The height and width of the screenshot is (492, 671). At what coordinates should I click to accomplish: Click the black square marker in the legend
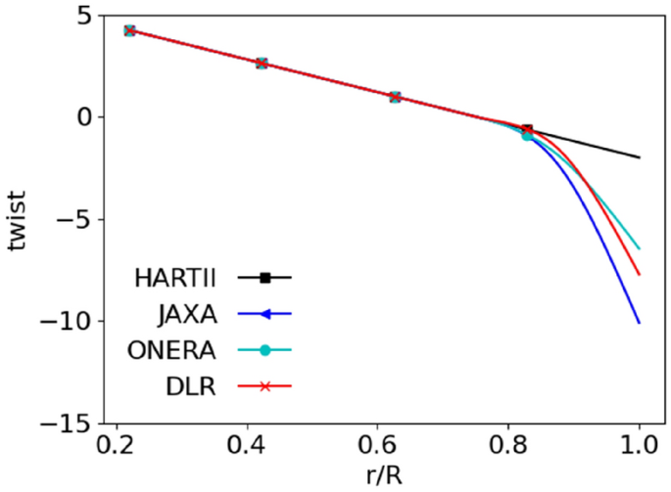(x=264, y=278)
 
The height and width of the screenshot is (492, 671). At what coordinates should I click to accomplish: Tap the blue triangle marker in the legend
(x=264, y=314)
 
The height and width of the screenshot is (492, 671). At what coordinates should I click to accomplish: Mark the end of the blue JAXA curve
(x=640, y=323)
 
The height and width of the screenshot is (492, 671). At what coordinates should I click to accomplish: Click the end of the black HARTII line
(x=640, y=157)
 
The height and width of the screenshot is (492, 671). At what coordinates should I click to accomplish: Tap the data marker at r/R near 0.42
(x=262, y=63)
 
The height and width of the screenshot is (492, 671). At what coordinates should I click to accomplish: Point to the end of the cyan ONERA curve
(x=640, y=248)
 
